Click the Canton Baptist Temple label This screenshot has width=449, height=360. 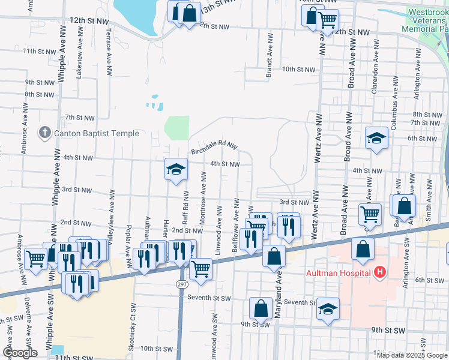pyautogui.click(x=96, y=133)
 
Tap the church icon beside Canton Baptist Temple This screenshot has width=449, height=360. pyautogui.click(x=45, y=133)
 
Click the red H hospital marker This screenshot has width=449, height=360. pyautogui.click(x=379, y=273)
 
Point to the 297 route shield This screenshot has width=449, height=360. pyautogui.click(x=182, y=284)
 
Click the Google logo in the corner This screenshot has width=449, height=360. pyautogui.click(x=20, y=353)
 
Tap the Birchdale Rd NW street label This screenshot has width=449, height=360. pyautogui.click(x=214, y=147)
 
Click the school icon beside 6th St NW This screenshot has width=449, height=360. pyautogui.click(x=376, y=138)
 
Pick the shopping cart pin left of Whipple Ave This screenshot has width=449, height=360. pyautogui.click(x=36, y=258)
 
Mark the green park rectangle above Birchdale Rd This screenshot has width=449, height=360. pyautogui.click(x=176, y=127)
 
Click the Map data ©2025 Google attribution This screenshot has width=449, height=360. pyautogui.click(x=412, y=355)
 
